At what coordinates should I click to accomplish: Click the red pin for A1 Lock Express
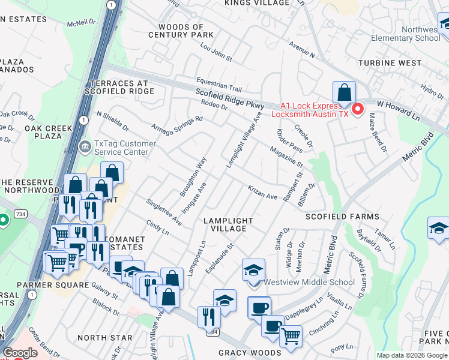[358, 109]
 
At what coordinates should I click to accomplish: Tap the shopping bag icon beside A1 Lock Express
[344, 94]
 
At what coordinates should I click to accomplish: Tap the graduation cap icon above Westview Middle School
[254, 271]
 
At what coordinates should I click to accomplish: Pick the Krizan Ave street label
[263, 192]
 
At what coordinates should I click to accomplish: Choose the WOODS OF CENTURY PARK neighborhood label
[181, 31]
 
